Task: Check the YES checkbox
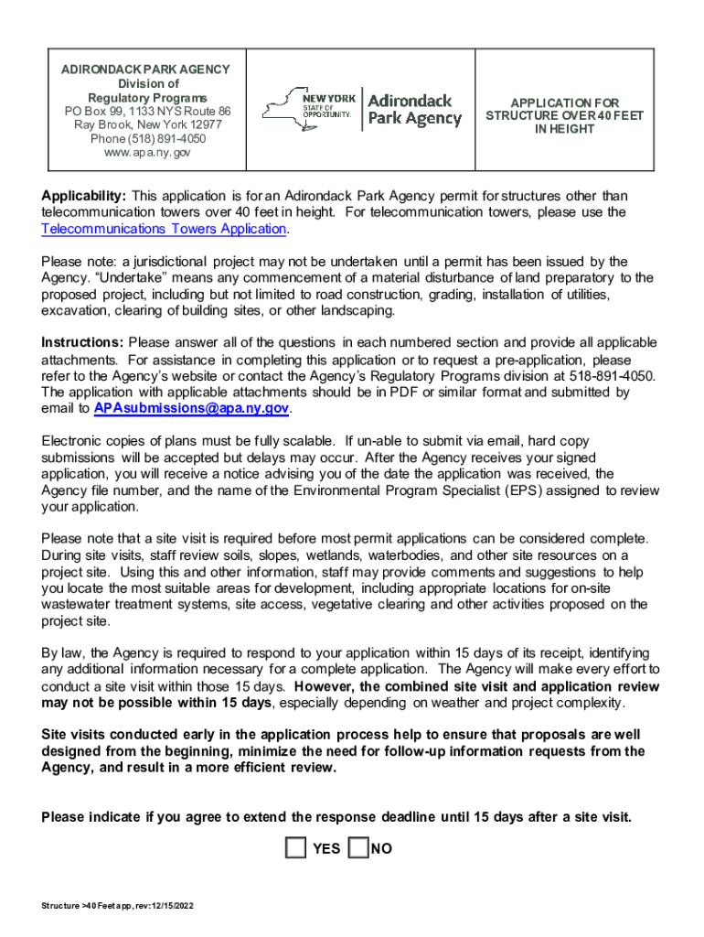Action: (295, 848)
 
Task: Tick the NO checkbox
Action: (359, 848)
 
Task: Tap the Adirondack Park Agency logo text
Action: (414, 109)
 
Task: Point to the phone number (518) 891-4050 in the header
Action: (147, 138)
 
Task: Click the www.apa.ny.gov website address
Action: (147, 152)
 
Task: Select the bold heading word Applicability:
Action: (84, 196)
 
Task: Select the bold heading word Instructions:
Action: (83, 342)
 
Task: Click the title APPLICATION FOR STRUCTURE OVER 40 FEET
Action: (564, 116)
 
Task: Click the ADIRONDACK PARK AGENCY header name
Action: (145, 70)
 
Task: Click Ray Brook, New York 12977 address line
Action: (147, 124)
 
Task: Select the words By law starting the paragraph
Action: (63, 652)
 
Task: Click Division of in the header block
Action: (147, 83)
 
